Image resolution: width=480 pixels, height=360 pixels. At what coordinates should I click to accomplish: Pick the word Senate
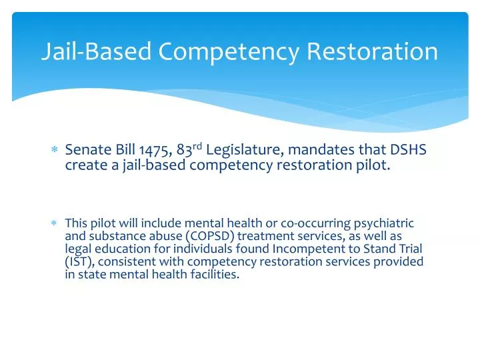pos(87,152)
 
